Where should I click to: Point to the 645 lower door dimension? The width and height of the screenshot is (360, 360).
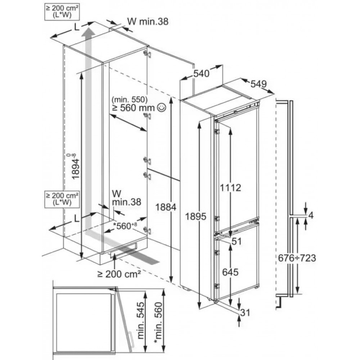pyautogui.click(x=230, y=272)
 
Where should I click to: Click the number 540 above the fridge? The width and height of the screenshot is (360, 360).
pyautogui.click(x=201, y=74)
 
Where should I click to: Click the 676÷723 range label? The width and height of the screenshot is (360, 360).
pyautogui.click(x=297, y=258)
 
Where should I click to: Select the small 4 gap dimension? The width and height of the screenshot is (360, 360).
pyautogui.click(x=311, y=216)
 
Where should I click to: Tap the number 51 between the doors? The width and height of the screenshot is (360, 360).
pyautogui.click(x=236, y=242)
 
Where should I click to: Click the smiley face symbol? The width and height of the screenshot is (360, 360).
pyautogui.click(x=162, y=107)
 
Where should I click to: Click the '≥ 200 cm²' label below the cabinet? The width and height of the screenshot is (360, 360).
pyautogui.click(x=118, y=274)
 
